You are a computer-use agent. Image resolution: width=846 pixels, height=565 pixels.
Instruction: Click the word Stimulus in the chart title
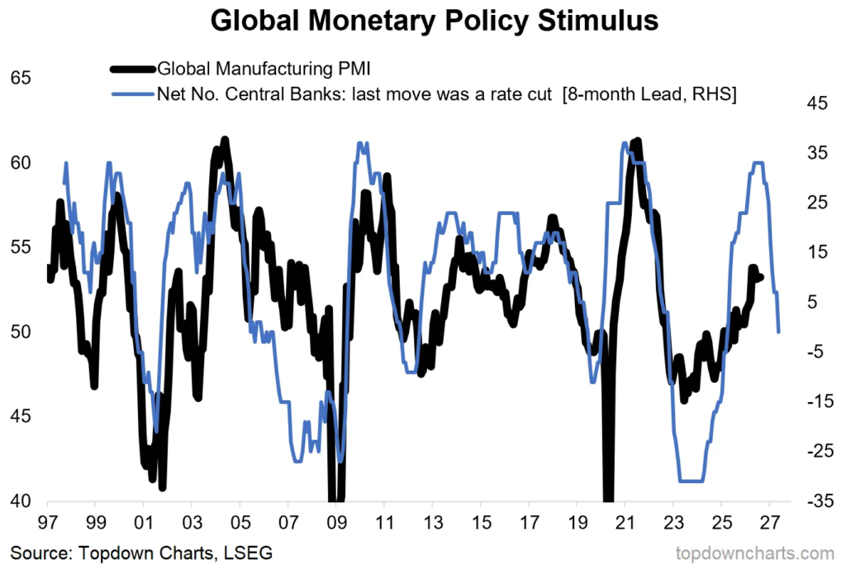pyautogui.click(x=598, y=21)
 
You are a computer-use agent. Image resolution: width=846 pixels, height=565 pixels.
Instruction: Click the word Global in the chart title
pyautogui.click(x=254, y=21)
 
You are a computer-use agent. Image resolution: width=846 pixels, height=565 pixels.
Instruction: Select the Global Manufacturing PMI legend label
pyautogui.click(x=264, y=69)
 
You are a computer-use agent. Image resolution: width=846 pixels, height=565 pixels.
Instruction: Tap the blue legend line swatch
pyautogui.click(x=133, y=94)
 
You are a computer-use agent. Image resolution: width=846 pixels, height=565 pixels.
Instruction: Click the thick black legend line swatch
pyautogui.click(x=133, y=69)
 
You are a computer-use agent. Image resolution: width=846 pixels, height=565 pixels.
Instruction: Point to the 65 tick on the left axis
pyautogui.click(x=21, y=78)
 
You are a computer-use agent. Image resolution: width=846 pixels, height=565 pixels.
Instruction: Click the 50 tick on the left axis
pyautogui.click(x=21, y=332)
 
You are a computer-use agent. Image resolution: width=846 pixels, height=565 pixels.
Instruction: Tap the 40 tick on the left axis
pyautogui.click(x=21, y=501)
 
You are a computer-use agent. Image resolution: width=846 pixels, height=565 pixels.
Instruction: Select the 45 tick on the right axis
pyautogui.click(x=817, y=103)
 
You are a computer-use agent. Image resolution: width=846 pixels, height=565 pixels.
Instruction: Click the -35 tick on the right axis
pyautogui.click(x=820, y=501)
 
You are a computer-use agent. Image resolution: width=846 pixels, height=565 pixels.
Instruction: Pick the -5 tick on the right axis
pyautogui.click(x=820, y=352)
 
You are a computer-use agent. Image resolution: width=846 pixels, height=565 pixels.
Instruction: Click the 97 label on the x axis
pyautogui.click(x=47, y=523)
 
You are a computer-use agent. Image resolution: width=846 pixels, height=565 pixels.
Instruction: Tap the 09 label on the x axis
pyautogui.click(x=336, y=523)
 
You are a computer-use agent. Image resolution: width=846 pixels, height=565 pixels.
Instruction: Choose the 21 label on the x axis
pyautogui.click(x=625, y=523)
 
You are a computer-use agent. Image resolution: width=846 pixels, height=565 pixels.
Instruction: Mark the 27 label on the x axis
pyautogui.click(x=770, y=523)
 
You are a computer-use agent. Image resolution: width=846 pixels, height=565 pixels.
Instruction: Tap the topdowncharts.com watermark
pyautogui.click(x=755, y=553)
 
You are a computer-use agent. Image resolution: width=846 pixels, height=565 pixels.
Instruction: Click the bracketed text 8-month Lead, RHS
pyautogui.click(x=649, y=94)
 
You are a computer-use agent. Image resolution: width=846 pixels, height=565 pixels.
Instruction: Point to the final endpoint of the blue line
pyautogui.click(x=778, y=332)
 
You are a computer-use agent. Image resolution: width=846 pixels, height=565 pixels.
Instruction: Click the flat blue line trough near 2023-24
pyautogui.click(x=692, y=481)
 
